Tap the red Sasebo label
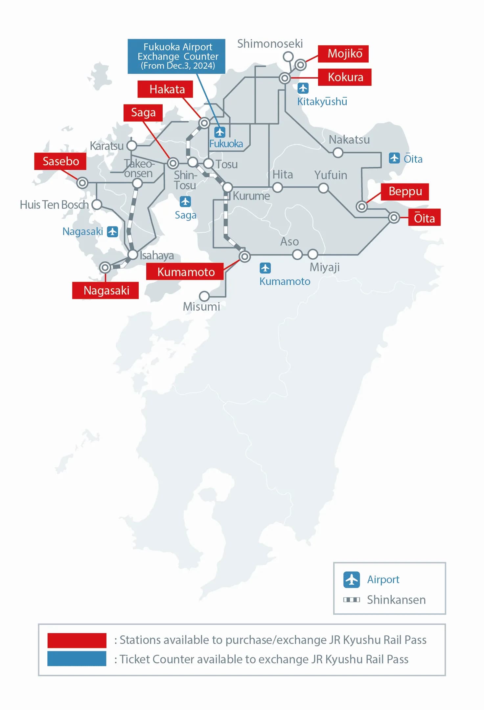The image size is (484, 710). [x=60, y=161]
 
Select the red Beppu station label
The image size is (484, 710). [x=405, y=192]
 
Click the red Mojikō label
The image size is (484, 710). [x=343, y=54]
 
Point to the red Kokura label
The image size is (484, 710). [x=345, y=77]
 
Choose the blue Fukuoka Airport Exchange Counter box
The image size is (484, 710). [x=176, y=56]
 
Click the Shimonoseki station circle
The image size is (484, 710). [x=288, y=57]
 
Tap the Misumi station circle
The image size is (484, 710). [x=204, y=296]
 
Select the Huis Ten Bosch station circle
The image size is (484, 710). [x=97, y=204]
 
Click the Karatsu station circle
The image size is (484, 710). [x=132, y=146]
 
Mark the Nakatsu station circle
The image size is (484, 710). [x=338, y=153]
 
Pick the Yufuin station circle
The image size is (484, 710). [x=323, y=188]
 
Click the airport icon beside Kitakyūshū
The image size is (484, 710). [x=303, y=88]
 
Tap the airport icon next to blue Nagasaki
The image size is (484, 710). [x=112, y=231]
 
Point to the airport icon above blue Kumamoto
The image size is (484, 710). [x=265, y=268]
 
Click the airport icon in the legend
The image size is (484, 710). [x=352, y=580]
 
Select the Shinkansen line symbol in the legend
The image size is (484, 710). [x=352, y=600]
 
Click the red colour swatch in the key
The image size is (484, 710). [x=77, y=640]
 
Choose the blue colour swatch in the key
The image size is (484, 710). [x=77, y=658]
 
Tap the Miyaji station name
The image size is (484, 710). [x=324, y=267]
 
